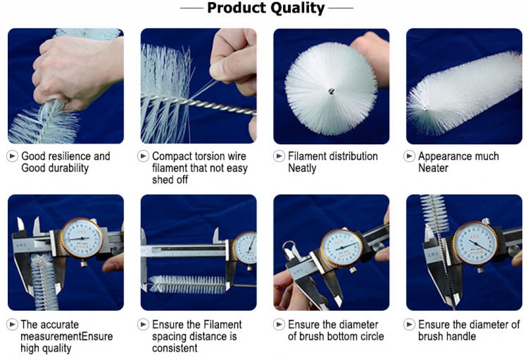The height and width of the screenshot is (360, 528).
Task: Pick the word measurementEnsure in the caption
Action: [67, 336]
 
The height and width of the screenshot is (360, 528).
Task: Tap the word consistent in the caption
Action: [174, 348]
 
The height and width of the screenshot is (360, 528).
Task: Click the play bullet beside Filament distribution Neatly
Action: [279, 156]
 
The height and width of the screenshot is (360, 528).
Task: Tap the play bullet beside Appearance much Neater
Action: [409, 156]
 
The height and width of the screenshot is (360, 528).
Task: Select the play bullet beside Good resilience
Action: [12, 156]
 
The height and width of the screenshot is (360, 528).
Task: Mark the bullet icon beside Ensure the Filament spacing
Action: [143, 324]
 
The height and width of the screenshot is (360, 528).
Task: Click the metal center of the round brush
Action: [332, 91]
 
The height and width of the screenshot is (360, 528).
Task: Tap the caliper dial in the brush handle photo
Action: [475, 243]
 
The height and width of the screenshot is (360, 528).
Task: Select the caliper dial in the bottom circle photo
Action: [341, 248]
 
